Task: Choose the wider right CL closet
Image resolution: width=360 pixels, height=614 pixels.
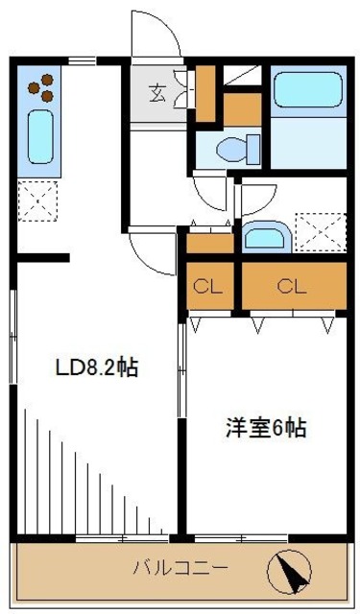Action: click(x=293, y=285)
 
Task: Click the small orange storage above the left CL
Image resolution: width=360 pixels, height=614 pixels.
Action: click(x=209, y=243)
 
